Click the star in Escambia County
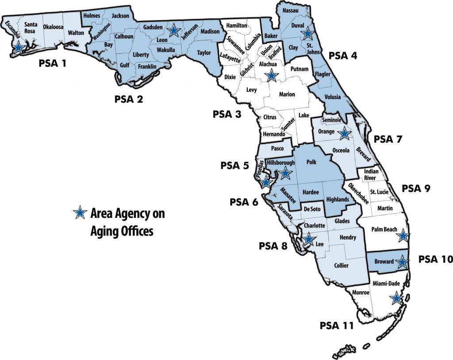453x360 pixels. click(19, 47)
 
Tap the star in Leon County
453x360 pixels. click(174, 30)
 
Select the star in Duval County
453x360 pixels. click(307, 33)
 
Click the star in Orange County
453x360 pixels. click(344, 132)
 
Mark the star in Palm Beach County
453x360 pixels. click(403, 236)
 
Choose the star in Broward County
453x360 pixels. click(402, 262)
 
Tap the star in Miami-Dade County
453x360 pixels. click(397, 299)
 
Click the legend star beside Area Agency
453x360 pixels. click(80, 213)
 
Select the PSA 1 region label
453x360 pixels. click(52, 63)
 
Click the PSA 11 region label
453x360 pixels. click(337, 326)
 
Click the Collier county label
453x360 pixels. click(341, 266)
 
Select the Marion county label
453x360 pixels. click(287, 94)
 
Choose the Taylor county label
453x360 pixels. click(204, 53)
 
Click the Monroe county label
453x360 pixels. click(361, 292)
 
